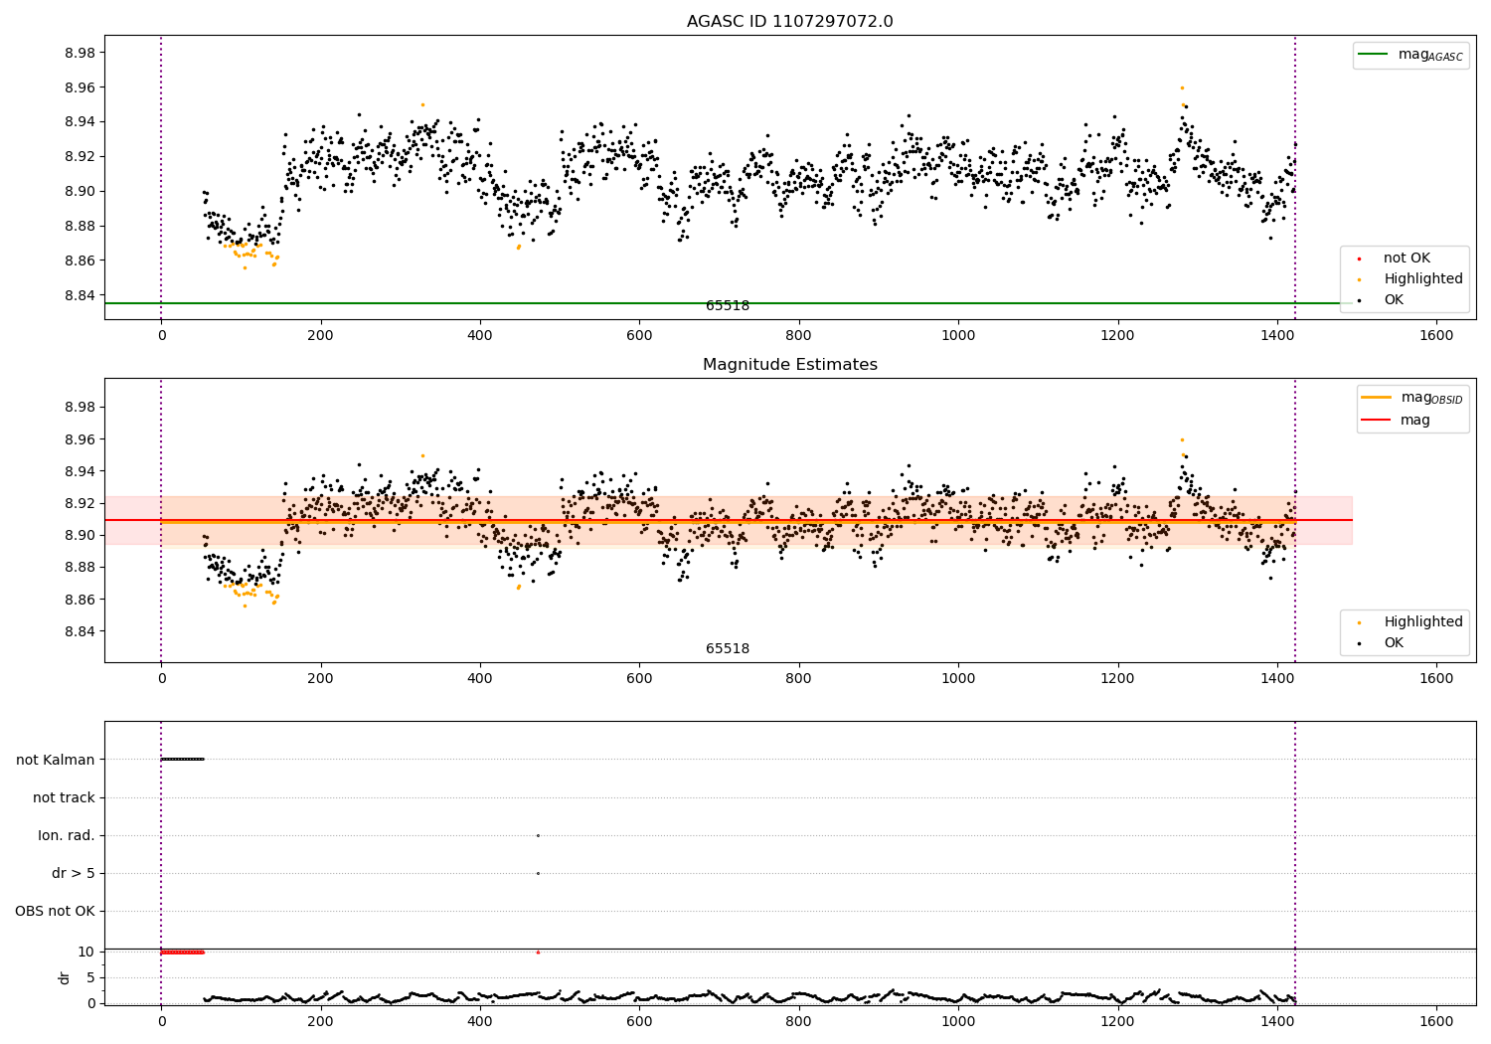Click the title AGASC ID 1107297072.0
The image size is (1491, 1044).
789,22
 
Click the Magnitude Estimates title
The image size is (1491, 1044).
789,365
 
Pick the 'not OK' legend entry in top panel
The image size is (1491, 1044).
1407,259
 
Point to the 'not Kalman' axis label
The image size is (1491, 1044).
56,760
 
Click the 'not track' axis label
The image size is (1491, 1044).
64,797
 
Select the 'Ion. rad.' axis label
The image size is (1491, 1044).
67,835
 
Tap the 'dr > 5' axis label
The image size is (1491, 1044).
74,873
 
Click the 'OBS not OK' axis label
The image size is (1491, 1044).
55,911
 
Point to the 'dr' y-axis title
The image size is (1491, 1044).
65,977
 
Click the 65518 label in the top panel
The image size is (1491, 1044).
728,306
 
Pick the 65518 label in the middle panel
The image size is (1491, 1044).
728,649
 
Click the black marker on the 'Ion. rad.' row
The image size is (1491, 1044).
538,835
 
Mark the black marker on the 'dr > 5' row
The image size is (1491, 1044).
538,873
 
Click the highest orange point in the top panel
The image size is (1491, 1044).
1182,87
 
